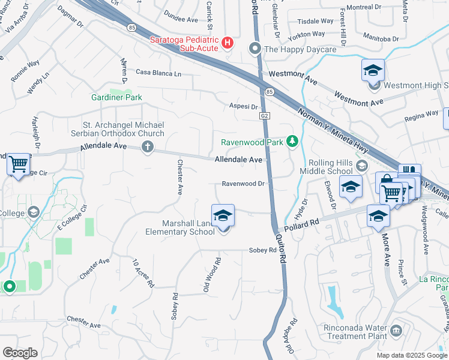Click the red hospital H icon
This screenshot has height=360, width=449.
[228, 42]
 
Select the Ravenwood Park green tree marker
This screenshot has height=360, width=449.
[292, 142]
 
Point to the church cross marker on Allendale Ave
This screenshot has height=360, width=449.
[147, 146]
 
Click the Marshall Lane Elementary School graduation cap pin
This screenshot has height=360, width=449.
[223, 217]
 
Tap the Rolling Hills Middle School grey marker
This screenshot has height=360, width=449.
[361, 165]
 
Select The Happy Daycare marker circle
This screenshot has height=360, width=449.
[255, 48]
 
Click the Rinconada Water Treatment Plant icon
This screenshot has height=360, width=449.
[396, 331]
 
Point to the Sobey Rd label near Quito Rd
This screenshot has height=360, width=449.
[262, 250]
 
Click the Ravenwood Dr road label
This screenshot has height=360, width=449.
[243, 184]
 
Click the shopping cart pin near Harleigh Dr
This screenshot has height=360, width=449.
[18, 164]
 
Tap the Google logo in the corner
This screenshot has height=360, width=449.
[20, 353]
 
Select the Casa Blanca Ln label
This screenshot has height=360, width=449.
[158, 73]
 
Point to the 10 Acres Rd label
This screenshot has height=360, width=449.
[144, 272]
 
